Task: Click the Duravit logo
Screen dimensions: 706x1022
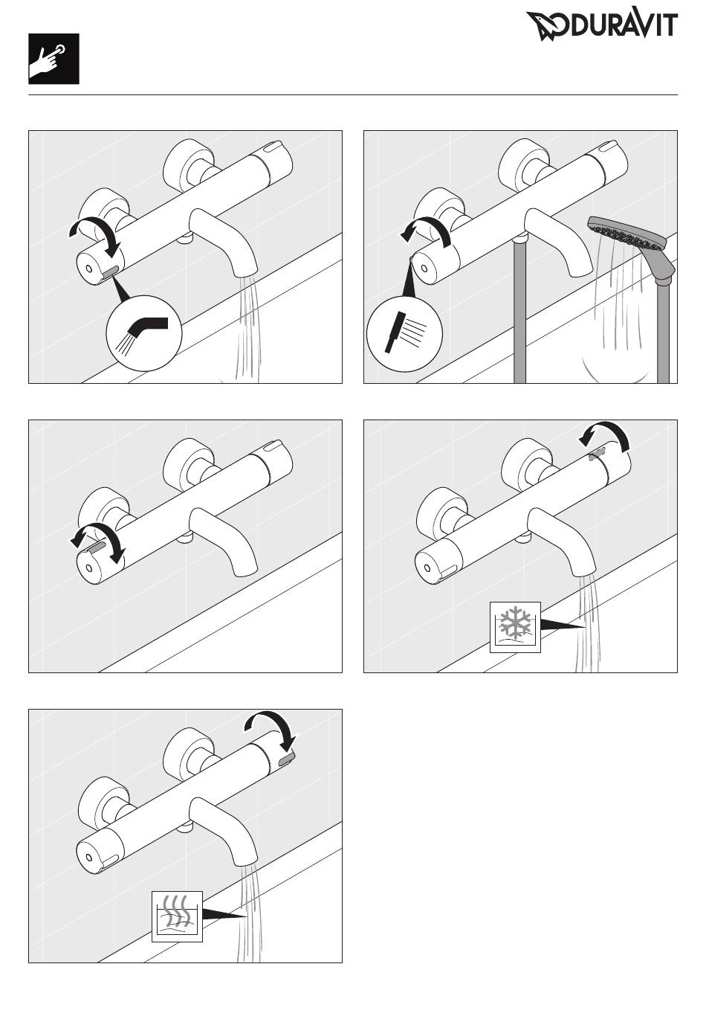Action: tap(602, 26)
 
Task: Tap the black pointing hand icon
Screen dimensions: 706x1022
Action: tap(54, 59)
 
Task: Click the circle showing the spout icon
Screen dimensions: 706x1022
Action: tap(144, 332)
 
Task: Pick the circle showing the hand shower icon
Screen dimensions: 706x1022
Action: tap(405, 335)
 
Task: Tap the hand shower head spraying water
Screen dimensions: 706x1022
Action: tap(631, 242)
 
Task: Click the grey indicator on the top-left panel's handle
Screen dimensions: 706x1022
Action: tap(110, 272)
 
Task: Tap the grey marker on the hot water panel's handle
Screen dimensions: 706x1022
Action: tap(286, 759)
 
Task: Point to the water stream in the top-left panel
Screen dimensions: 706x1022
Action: tap(247, 329)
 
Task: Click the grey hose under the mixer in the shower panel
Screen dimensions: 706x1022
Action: tap(519, 309)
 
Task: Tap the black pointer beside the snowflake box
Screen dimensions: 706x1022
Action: tap(563, 625)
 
